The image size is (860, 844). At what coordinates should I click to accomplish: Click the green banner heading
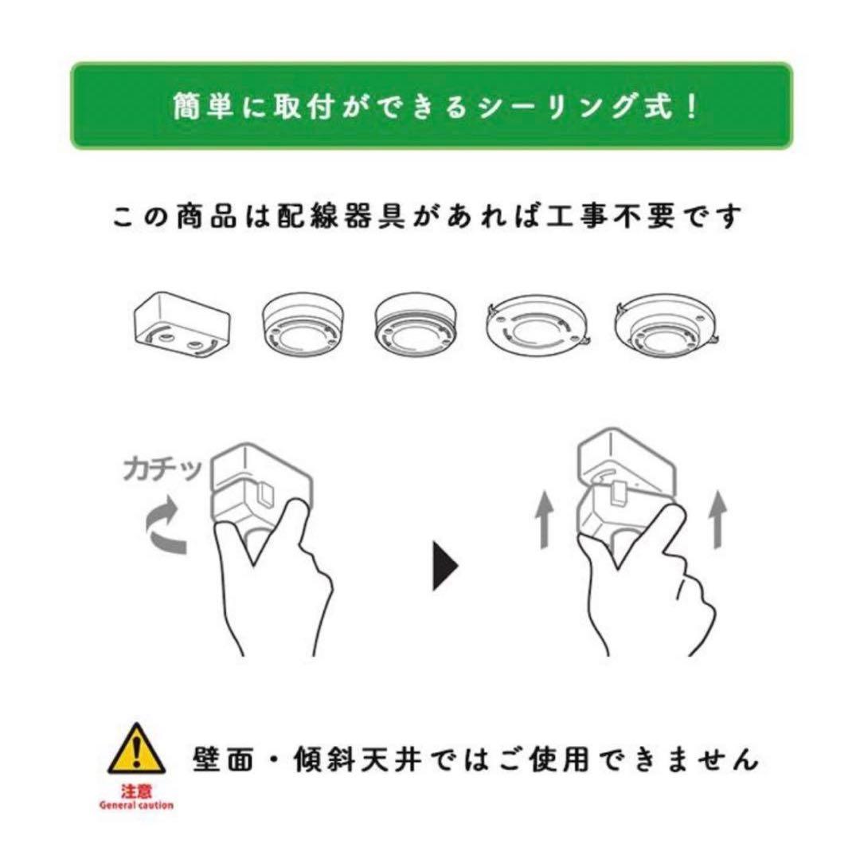pos(431,106)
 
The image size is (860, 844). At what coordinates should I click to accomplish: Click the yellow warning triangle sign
pos(136,750)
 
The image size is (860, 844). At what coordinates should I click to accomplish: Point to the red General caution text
pos(136,805)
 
